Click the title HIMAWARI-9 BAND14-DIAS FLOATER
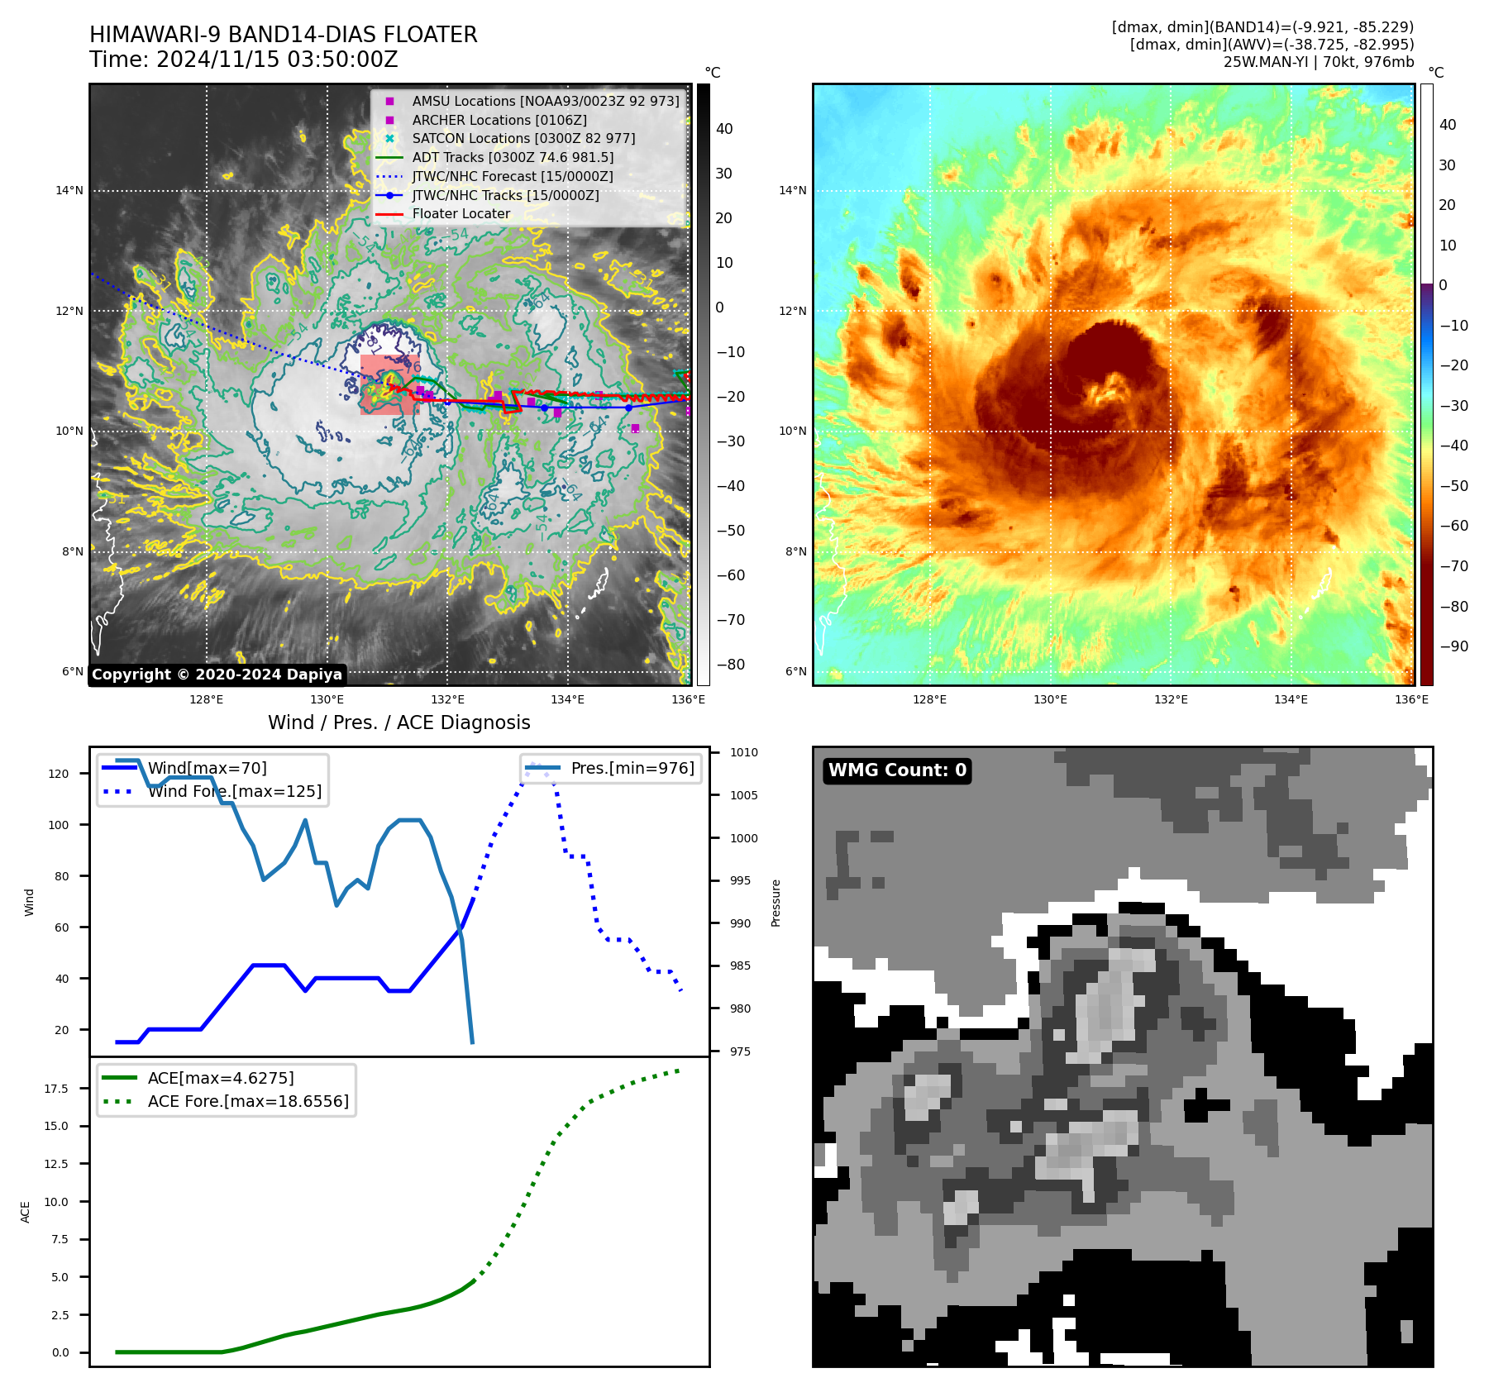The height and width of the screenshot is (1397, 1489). pyautogui.click(x=283, y=35)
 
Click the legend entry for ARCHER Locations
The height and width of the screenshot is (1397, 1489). pyautogui.click(x=499, y=120)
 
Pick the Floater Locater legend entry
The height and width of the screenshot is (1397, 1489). pyautogui.click(x=461, y=214)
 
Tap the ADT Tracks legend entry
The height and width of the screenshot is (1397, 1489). pyautogui.click(x=512, y=157)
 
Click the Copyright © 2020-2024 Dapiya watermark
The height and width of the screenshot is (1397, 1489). pyautogui.click(x=217, y=675)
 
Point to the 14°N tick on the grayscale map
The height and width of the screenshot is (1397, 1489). pyautogui.click(x=69, y=191)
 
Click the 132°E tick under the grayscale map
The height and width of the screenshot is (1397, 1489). pyautogui.click(x=447, y=700)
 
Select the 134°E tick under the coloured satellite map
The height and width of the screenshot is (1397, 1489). pyautogui.click(x=1291, y=700)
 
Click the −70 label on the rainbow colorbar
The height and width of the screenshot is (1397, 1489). pyautogui.click(x=1453, y=566)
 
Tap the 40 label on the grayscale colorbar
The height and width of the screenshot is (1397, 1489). pyautogui.click(x=724, y=129)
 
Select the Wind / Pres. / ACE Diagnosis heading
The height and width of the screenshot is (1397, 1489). pyautogui.click(x=398, y=723)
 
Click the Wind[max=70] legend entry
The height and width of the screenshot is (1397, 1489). pyautogui.click(x=207, y=769)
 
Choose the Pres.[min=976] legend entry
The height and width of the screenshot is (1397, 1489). pyautogui.click(x=632, y=769)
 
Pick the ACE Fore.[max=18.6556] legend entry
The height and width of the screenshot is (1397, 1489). pyautogui.click(x=248, y=1102)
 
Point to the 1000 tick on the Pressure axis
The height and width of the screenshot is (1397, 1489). pyautogui.click(x=743, y=838)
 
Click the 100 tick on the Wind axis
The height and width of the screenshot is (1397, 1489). pyautogui.click(x=59, y=825)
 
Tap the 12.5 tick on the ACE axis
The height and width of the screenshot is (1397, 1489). pyautogui.click(x=56, y=1164)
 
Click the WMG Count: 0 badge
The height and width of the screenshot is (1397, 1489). pyautogui.click(x=897, y=770)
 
